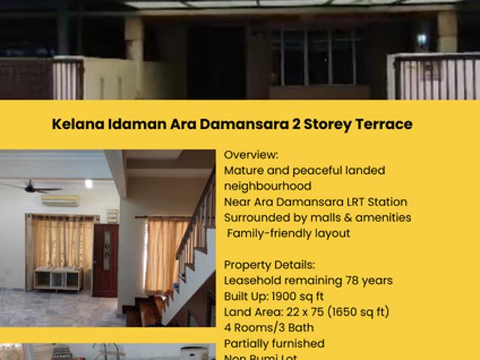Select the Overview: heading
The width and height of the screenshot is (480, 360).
tap(251, 155)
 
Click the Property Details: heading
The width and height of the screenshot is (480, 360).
tap(271, 265)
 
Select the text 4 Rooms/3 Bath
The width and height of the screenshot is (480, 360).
tap(269, 328)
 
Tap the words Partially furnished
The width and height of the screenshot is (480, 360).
tap(274, 343)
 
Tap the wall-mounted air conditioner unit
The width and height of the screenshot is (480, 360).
tap(60, 201)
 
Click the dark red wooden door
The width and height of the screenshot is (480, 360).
tap(105, 260)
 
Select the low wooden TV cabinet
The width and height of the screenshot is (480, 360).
tap(58, 278)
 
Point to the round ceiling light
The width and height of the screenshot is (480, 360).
tap(88, 183)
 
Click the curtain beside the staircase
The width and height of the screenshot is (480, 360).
tap(166, 254)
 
